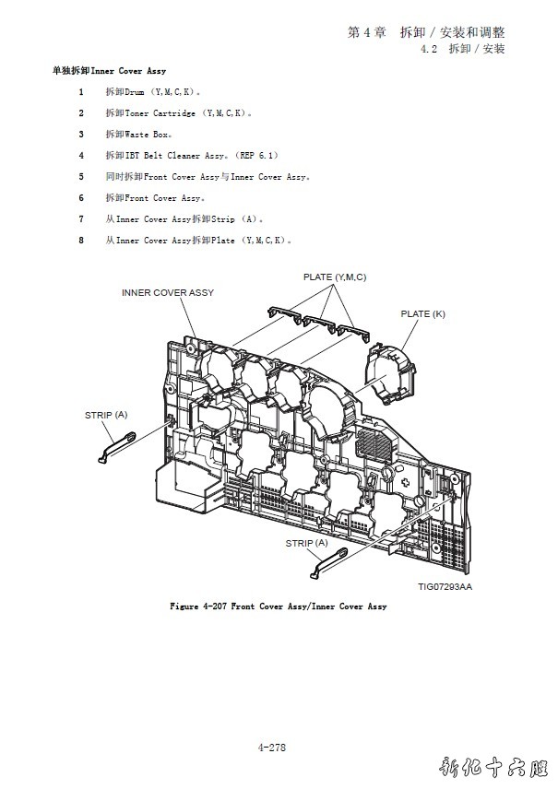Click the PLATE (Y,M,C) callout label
(335, 277)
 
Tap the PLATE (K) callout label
(422, 313)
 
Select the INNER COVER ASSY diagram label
(168, 292)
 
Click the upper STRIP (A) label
(106, 415)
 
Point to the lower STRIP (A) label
(306, 543)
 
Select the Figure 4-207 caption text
(278, 606)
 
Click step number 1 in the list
(81, 92)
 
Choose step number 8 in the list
(81, 241)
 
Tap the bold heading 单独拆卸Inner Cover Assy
(110, 71)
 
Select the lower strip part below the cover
(329, 561)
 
